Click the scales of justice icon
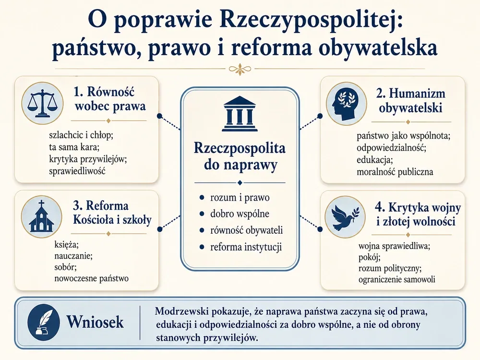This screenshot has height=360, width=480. [42, 103]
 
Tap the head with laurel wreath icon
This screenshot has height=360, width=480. [347, 103]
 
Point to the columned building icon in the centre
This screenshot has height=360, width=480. [240, 113]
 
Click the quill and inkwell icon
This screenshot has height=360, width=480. [43, 323]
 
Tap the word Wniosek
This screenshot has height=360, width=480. [95, 322]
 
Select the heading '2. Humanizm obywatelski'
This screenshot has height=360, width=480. [410, 100]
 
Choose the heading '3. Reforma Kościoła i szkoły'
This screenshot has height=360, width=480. [112, 213]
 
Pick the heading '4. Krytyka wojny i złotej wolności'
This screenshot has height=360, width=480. [418, 214]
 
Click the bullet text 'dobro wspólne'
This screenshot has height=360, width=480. [240, 214]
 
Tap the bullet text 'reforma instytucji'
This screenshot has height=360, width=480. [246, 247]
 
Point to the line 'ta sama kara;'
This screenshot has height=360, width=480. [74, 147]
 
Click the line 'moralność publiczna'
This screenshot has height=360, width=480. [395, 171]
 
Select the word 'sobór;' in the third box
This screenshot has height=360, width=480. [65, 267]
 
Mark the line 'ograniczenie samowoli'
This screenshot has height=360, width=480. [397, 279]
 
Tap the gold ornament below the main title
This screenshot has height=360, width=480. [240, 69]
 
